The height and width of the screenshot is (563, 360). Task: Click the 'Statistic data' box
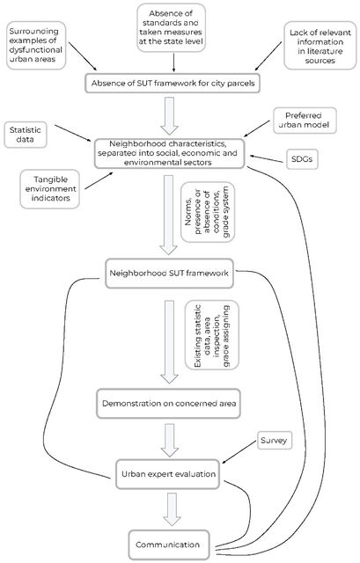pos(26,135)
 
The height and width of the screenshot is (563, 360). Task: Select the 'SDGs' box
pos(302,159)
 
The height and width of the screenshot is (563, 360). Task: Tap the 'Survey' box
pos(275,441)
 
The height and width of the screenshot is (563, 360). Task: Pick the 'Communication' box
pos(169,545)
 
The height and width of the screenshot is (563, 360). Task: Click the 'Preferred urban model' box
pos(305,121)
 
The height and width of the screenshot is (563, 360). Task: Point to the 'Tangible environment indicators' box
pos(50,189)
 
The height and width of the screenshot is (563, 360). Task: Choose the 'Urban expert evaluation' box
pos(168,474)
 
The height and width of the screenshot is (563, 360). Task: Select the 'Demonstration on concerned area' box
pos(168,404)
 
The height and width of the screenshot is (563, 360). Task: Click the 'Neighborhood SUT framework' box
pos(169,274)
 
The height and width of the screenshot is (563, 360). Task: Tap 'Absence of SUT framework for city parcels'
pos(173,84)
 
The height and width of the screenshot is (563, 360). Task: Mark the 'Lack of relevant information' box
pos(320,46)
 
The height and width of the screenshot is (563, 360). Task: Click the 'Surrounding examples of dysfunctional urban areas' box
pos(36,45)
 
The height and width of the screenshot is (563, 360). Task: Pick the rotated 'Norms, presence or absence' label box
pos(208,212)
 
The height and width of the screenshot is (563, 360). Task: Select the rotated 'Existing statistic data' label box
pos(212,335)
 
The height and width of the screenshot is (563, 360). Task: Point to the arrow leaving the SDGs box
pos(267,158)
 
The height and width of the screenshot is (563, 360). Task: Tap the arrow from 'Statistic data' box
pos(73,133)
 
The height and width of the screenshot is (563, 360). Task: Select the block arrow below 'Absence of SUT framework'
pos(169,116)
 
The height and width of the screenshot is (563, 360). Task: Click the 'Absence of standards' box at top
pos(171,27)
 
